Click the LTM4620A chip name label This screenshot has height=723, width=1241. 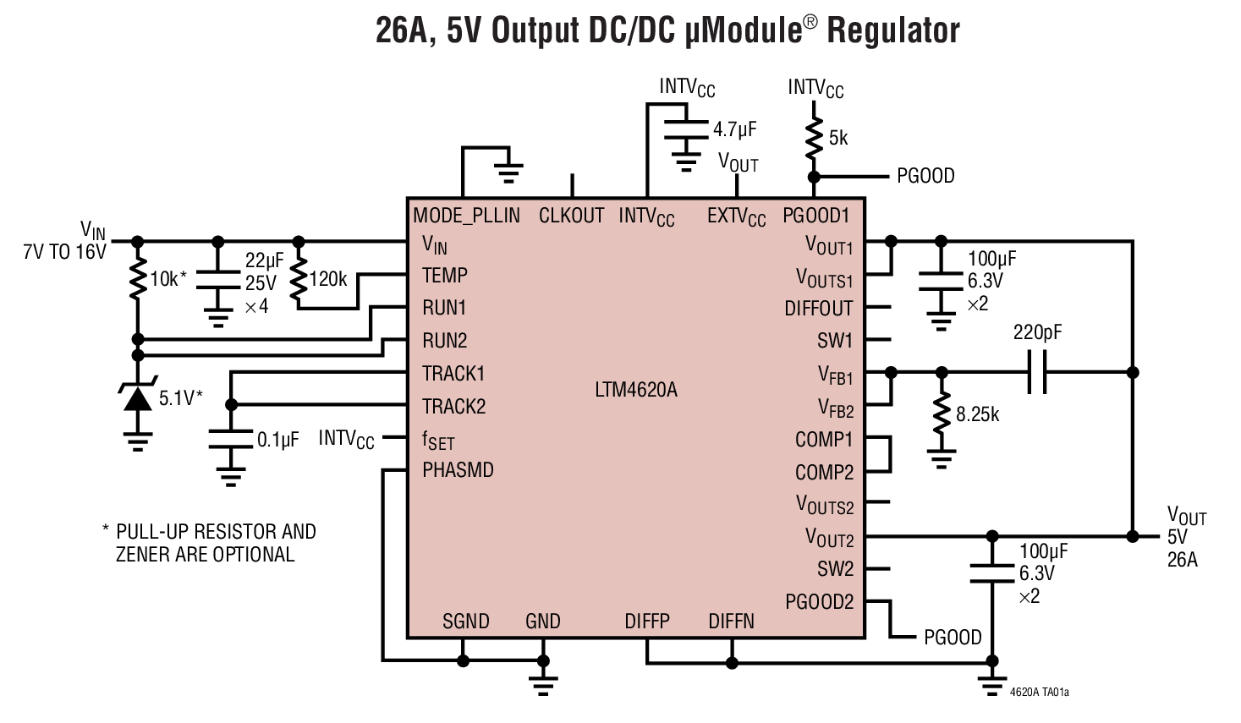(x=635, y=391)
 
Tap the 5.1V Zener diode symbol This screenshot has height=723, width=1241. (x=138, y=397)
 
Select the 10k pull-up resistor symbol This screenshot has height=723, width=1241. (x=138, y=279)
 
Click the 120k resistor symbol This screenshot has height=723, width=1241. (x=298, y=278)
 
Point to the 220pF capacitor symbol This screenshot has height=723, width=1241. (x=1037, y=373)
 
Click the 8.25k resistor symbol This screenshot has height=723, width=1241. (x=941, y=416)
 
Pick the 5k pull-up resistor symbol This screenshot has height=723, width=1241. (x=814, y=138)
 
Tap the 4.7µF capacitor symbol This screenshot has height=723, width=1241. (x=686, y=129)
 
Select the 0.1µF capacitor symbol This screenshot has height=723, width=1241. (x=230, y=440)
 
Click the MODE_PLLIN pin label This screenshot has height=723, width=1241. (x=466, y=216)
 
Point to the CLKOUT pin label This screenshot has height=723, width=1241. (x=571, y=216)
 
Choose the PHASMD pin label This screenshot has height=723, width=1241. (x=458, y=470)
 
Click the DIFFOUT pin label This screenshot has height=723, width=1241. (x=818, y=309)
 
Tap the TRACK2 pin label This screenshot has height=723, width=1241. (x=453, y=407)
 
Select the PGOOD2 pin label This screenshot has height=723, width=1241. (x=819, y=602)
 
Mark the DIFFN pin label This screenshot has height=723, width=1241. (x=731, y=622)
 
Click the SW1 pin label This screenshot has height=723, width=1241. (x=834, y=341)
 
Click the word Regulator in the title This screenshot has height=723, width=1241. (x=892, y=31)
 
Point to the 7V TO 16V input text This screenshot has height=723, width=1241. (x=65, y=252)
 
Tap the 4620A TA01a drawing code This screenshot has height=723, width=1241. (x=1039, y=693)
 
